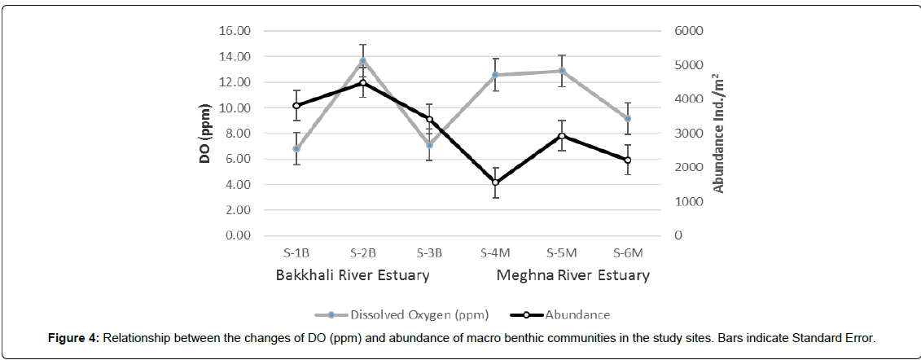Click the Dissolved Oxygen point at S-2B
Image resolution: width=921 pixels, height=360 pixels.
pyautogui.click(x=363, y=61)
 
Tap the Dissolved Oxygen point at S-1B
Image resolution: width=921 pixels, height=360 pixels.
pyautogui.click(x=297, y=149)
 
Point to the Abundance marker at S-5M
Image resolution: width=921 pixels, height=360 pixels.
pyautogui.click(x=561, y=136)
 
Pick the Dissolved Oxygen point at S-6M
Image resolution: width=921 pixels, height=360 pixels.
pyautogui.click(x=627, y=119)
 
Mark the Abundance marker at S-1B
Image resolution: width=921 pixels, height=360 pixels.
pyautogui.click(x=297, y=106)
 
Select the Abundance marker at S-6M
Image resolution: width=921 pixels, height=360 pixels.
pyautogui.click(x=627, y=160)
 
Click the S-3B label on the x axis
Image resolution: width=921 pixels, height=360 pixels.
pyautogui.click(x=429, y=252)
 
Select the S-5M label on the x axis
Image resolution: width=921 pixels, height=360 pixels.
pyautogui.click(x=561, y=252)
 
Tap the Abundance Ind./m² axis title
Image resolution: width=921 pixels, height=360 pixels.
pyautogui.click(x=718, y=133)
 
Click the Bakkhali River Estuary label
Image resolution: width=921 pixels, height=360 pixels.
pyautogui.click(x=352, y=275)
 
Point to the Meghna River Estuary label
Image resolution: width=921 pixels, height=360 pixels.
pyautogui.click(x=573, y=275)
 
